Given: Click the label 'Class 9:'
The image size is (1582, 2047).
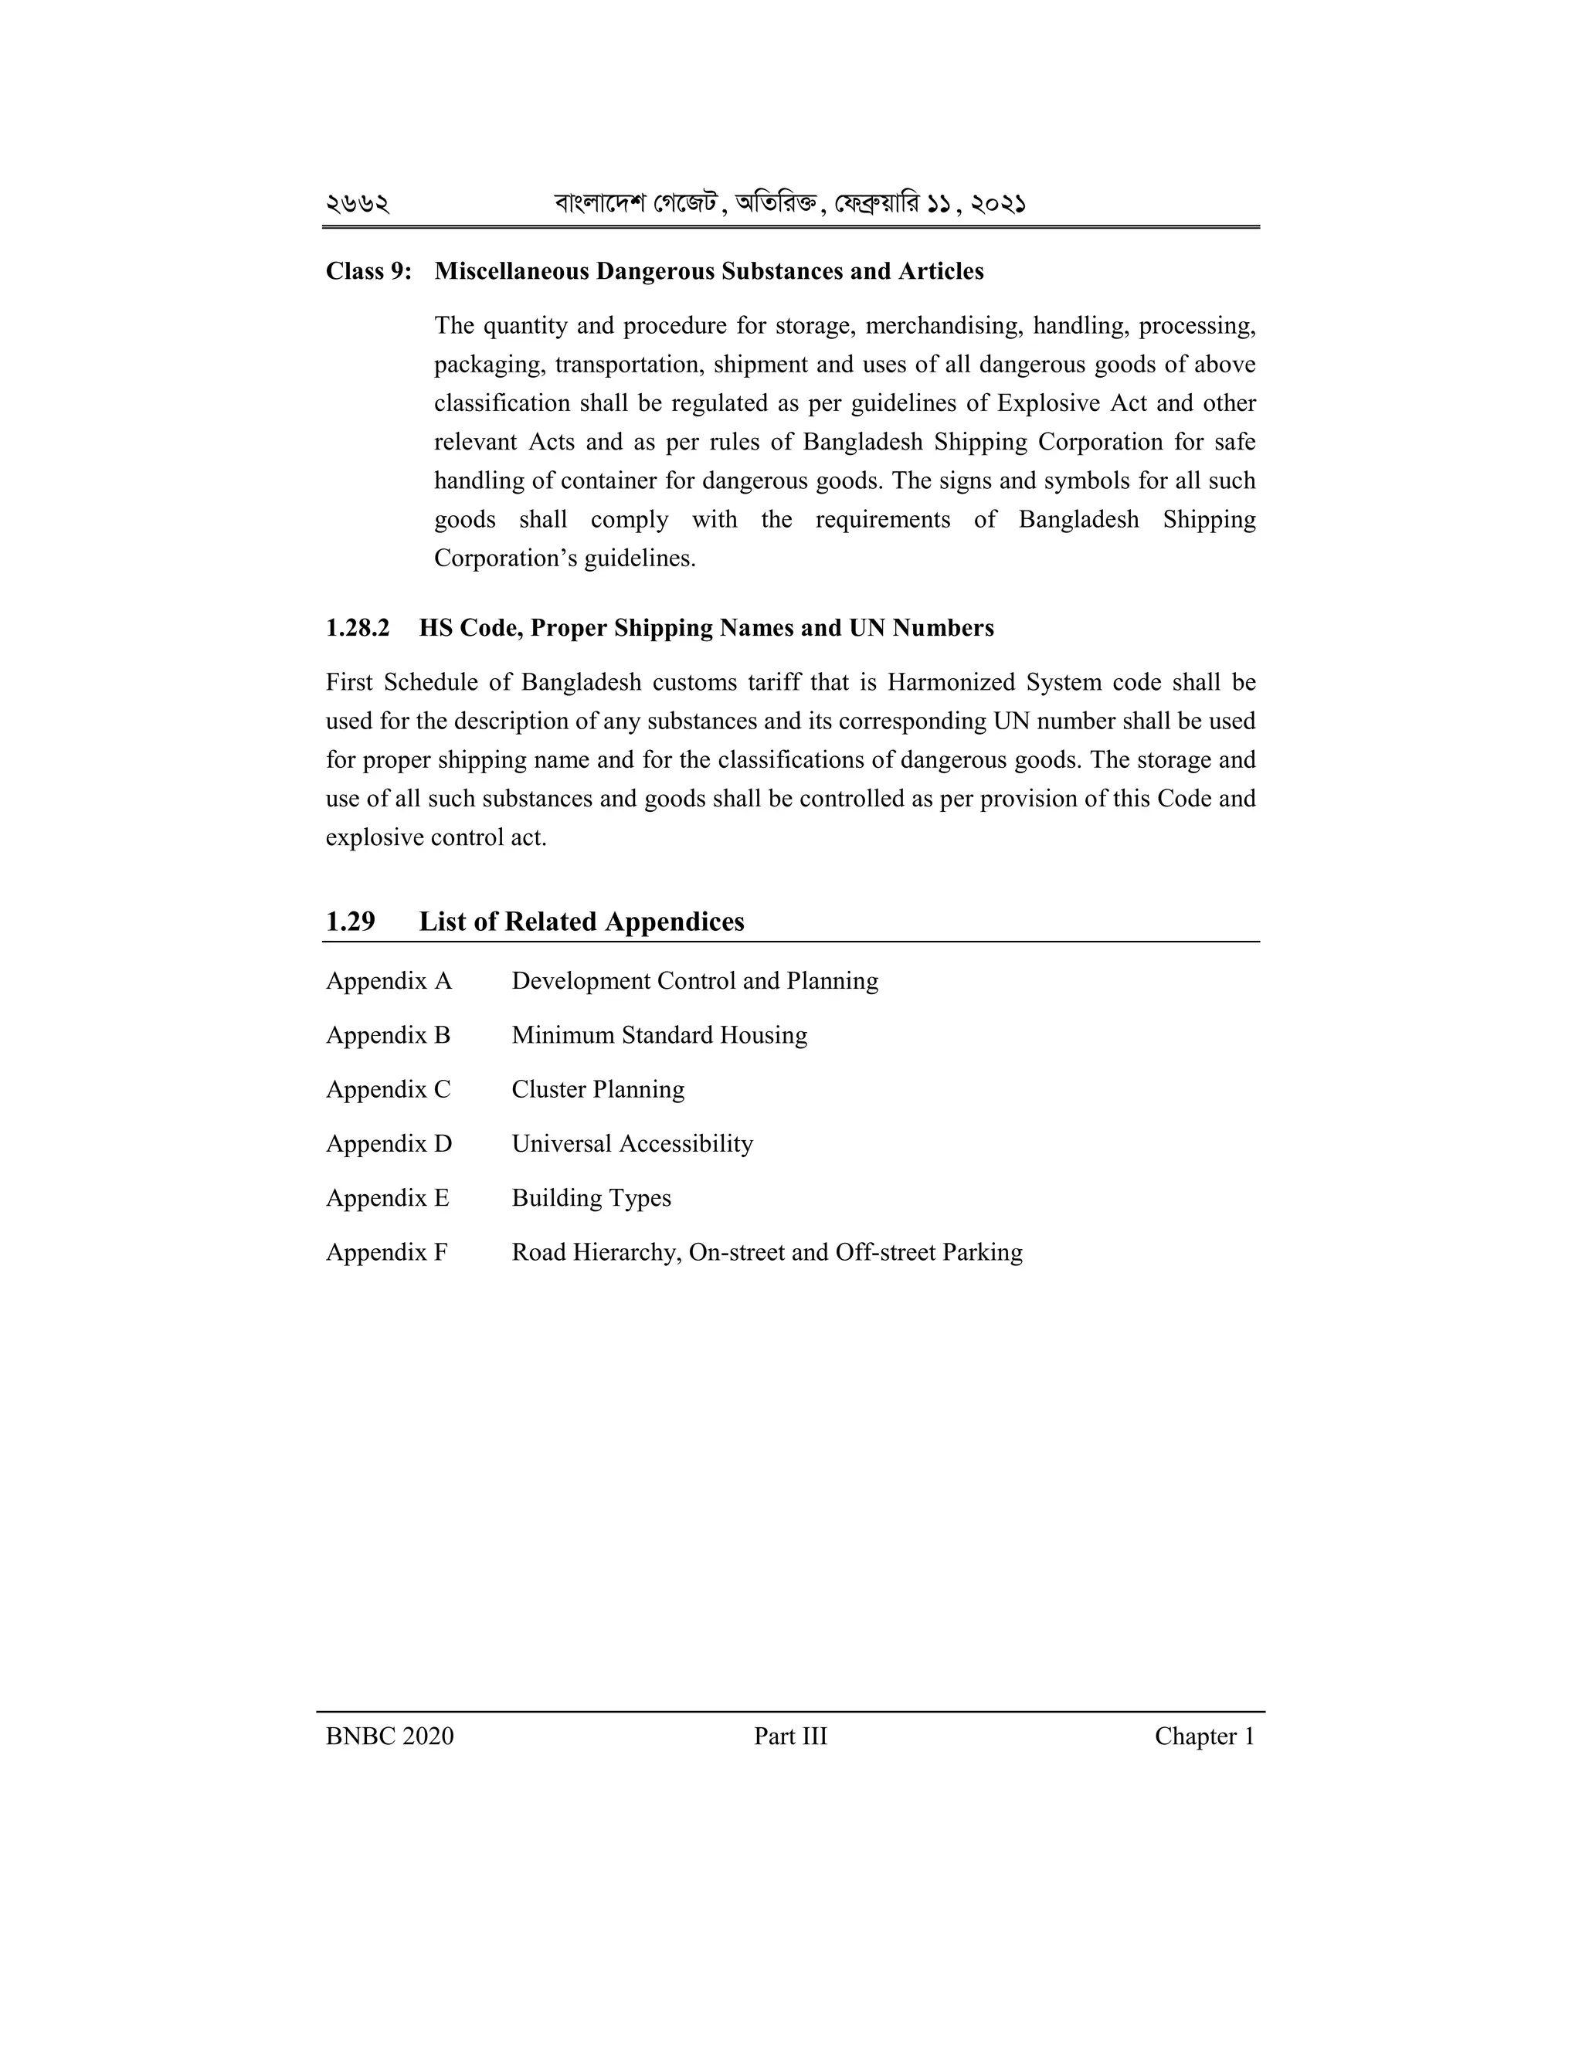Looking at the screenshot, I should (368, 272).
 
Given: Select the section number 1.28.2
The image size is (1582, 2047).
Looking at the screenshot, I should (357, 628).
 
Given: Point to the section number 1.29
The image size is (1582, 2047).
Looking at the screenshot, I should (350, 922).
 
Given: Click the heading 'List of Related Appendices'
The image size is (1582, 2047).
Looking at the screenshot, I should (581, 922).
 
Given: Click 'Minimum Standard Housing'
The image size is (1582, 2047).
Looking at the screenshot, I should (659, 1036).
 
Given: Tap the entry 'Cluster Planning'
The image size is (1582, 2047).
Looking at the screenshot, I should (598, 1090).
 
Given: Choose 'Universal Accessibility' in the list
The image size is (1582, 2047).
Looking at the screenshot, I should (632, 1145).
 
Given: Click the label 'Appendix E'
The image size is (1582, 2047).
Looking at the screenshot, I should (387, 1199).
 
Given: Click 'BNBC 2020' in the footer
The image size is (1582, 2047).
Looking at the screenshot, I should (389, 1736).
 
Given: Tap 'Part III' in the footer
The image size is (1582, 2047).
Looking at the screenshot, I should (790, 1736).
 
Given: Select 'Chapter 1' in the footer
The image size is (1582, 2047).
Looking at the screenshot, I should (1204, 1736).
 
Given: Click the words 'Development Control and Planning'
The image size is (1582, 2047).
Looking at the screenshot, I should (694, 981).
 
